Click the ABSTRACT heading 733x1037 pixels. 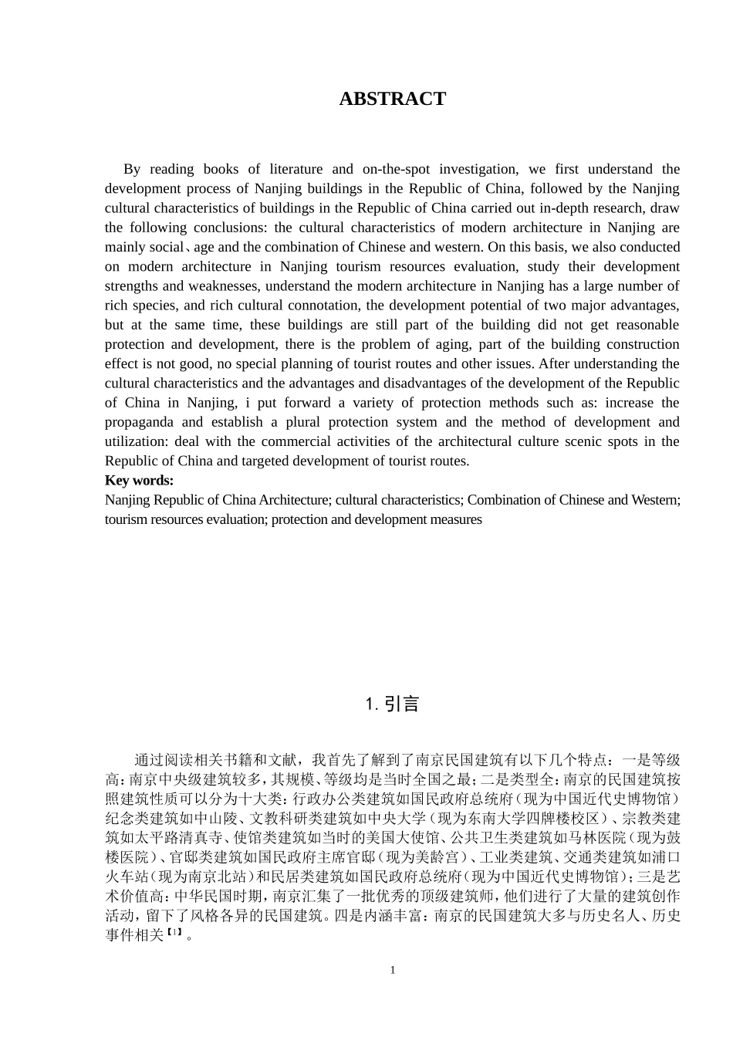pos(392,99)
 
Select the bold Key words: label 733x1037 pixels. pos(140,481)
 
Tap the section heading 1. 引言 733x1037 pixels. pos(392,704)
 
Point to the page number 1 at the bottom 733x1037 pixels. pos(392,970)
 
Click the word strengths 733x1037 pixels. pos(133,286)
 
